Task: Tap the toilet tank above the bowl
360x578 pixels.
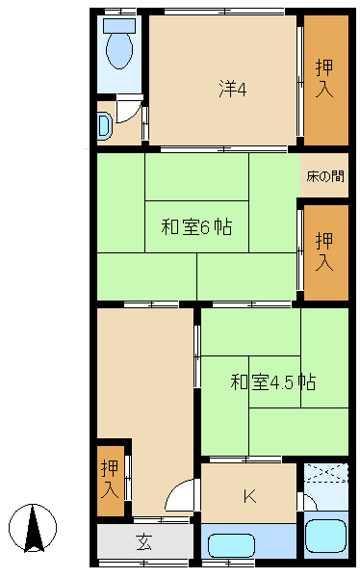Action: [119, 25]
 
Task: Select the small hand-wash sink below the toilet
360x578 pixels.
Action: [104, 126]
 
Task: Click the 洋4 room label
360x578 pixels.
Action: [233, 90]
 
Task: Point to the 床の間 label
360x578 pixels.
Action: [325, 176]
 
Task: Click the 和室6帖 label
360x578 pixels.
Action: [196, 226]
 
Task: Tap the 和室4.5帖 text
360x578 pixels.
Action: [273, 381]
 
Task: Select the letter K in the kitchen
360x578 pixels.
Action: [250, 496]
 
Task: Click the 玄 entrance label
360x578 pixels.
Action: [144, 541]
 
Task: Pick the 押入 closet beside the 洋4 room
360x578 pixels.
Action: [325, 80]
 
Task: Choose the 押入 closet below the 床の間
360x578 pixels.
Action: [325, 252]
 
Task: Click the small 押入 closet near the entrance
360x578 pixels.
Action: [110, 481]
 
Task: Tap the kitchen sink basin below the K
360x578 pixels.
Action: [232, 545]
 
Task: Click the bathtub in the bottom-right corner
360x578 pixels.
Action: [325, 536]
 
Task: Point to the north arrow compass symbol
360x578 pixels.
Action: [33, 528]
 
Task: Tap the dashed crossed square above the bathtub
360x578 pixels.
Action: [325, 473]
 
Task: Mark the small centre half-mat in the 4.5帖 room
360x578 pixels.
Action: [275, 381]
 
